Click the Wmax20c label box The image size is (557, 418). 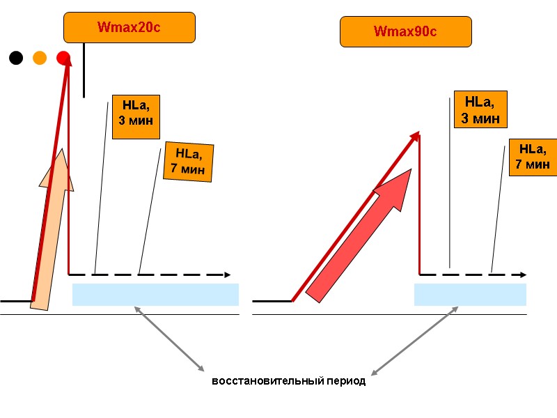pyautogui.click(x=130, y=28)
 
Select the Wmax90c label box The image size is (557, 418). pyautogui.click(x=405, y=32)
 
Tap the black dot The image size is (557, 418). pyautogui.click(x=16, y=58)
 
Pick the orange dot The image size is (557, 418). pyautogui.click(x=40, y=58)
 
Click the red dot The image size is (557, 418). pyautogui.click(x=63, y=58)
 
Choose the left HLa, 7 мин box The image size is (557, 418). pyautogui.click(x=188, y=162)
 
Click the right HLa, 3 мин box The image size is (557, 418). pyautogui.click(x=480, y=109)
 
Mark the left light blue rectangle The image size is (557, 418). pyautogui.click(x=155, y=295)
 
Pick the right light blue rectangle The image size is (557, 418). pyautogui.click(x=470, y=295)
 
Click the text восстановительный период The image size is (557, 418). pyautogui.click(x=288, y=382)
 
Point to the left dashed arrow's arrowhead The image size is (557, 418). pyautogui.click(x=227, y=274)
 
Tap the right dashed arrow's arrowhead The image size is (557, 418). pyautogui.click(x=522, y=274)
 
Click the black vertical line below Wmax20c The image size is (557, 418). pyautogui.click(x=84, y=70)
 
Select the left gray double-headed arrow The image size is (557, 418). pyautogui.click(x=169, y=339)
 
